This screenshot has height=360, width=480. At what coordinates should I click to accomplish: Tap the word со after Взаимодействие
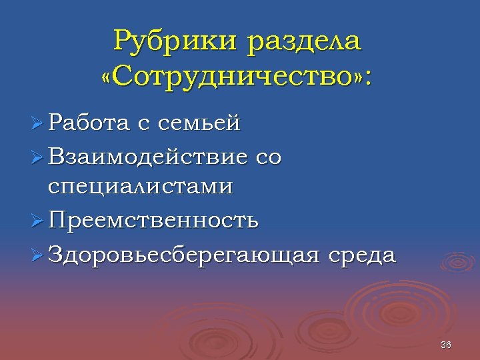[268, 159]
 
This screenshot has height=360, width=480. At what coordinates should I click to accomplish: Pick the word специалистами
[141, 187]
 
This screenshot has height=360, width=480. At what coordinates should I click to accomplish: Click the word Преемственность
[153, 220]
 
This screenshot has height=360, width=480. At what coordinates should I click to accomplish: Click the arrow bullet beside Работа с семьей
[37, 123]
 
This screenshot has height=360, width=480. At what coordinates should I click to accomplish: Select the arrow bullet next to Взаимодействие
[37, 158]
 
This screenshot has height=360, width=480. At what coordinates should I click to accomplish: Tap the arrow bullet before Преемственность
[37, 221]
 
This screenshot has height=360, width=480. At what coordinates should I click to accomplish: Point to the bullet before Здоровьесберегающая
[37, 255]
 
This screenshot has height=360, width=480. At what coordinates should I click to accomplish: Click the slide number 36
[446, 345]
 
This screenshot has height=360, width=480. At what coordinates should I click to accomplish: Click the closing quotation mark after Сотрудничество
[357, 78]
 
